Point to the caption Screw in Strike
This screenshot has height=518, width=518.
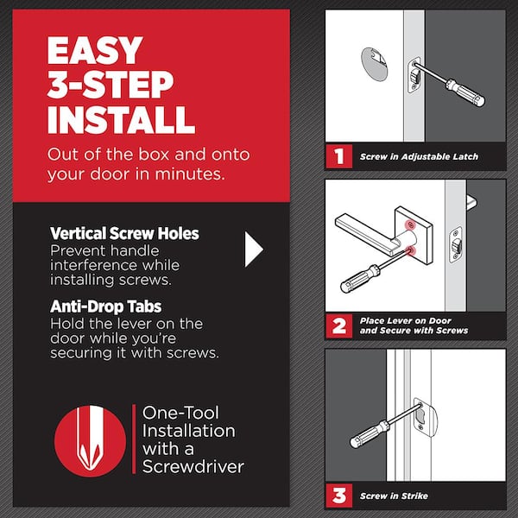click(x=394, y=496)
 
